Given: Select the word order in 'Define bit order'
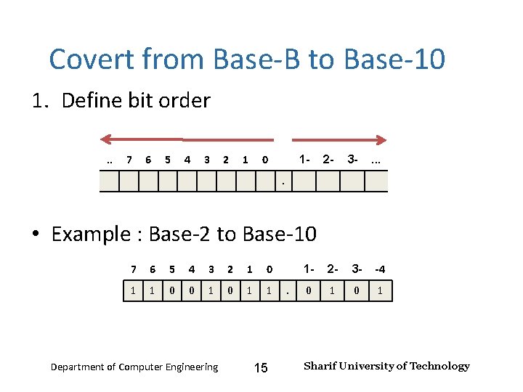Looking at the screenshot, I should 187,100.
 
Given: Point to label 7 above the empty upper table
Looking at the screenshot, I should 129,160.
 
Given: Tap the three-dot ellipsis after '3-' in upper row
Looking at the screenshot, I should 376,159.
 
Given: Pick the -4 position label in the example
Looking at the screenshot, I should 379,269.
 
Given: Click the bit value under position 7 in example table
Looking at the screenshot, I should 133,290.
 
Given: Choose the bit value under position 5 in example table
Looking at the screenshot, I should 172,290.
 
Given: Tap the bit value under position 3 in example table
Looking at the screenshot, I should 211,290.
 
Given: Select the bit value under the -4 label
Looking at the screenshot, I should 379,290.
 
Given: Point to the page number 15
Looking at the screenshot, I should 261,368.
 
